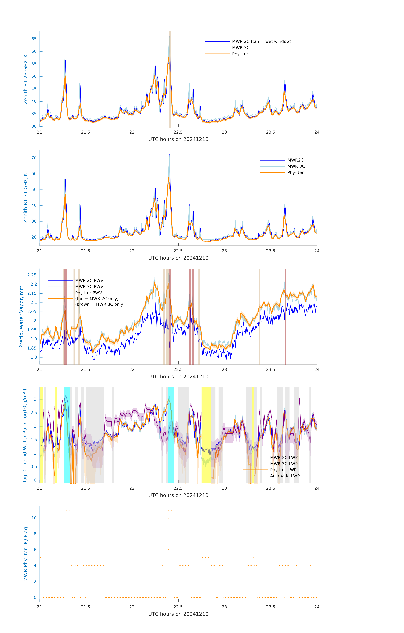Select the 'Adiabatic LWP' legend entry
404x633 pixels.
(285, 476)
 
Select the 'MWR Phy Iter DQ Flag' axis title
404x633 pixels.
(26, 554)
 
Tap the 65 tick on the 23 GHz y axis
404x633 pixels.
(34, 39)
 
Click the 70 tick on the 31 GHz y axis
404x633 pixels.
(34, 158)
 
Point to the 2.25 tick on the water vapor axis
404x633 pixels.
(32, 275)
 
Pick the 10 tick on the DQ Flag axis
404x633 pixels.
(34, 518)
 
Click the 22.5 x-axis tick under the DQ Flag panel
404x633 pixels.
(178, 607)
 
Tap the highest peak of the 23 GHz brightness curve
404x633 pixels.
(170, 36)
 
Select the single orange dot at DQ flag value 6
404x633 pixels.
(168, 550)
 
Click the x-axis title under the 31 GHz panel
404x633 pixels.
(178, 258)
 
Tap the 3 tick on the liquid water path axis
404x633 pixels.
(35, 399)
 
